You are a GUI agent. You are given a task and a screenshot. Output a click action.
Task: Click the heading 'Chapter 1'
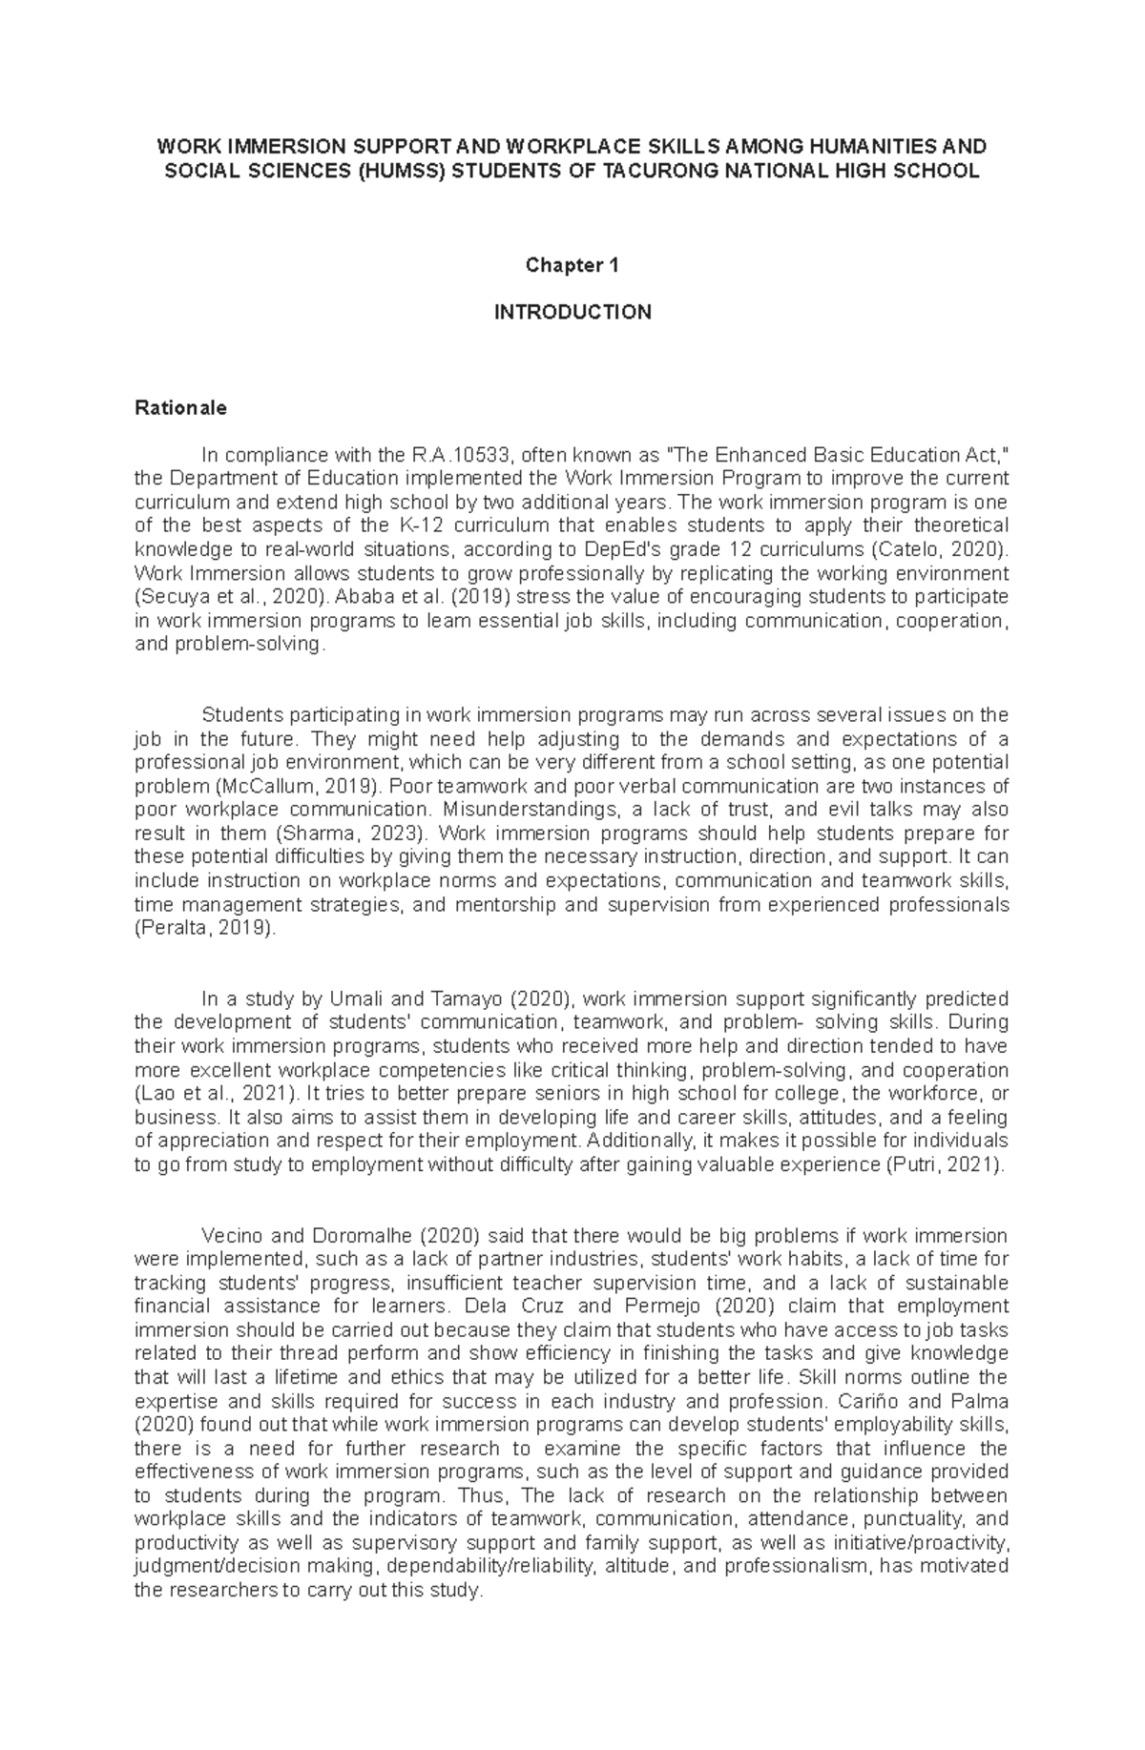point(572,266)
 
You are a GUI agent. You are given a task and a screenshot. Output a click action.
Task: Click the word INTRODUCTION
point(572,312)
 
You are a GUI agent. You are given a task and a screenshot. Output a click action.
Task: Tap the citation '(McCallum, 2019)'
point(285,787)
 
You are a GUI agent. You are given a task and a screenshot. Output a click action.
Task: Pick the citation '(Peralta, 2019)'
point(205,928)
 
